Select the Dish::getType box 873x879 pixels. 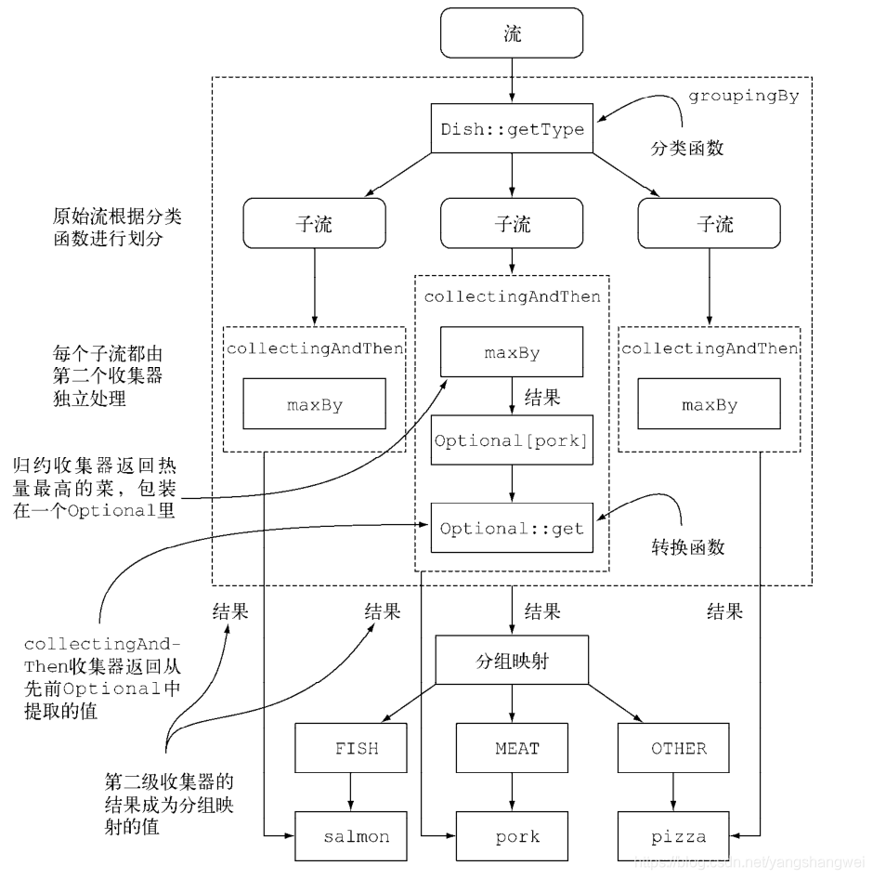[512, 128]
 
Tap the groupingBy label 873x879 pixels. [743, 96]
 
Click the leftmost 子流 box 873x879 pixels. [314, 224]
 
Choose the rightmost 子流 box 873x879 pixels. [709, 224]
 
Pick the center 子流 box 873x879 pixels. [512, 224]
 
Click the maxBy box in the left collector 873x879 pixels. [314, 404]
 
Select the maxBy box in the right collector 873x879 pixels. [710, 404]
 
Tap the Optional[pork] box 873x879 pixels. [512, 440]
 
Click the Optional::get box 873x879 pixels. [512, 528]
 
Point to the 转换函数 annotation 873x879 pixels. [687, 547]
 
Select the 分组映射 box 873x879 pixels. [512, 662]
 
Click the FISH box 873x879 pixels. [357, 748]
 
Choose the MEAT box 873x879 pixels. [517, 748]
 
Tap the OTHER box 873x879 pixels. [678, 748]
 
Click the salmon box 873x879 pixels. [357, 836]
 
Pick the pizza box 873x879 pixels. [678, 836]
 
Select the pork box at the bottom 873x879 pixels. [517, 836]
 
